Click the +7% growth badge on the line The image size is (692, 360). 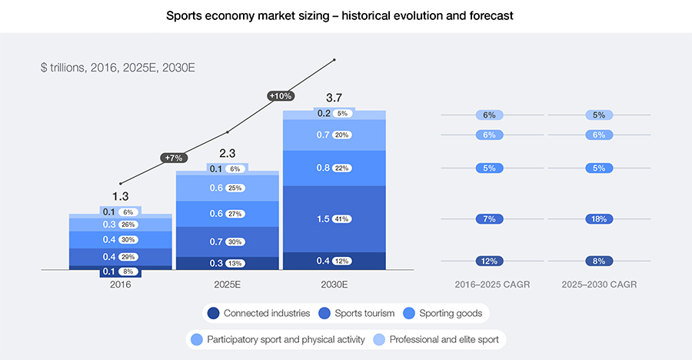[174, 158]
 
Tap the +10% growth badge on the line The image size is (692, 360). [281, 96]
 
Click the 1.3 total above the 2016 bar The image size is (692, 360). [120, 198]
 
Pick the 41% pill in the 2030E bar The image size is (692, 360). [341, 219]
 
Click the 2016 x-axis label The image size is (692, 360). [120, 285]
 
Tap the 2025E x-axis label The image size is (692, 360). [227, 285]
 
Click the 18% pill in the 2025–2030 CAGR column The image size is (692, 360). [599, 219]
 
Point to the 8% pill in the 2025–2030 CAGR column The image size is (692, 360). [599, 261]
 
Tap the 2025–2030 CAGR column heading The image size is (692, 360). [599, 285]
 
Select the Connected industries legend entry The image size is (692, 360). [259, 313]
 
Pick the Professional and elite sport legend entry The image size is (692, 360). [439, 339]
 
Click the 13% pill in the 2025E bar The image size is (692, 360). [235, 263]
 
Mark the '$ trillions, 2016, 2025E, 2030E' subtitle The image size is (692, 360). [118, 68]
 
